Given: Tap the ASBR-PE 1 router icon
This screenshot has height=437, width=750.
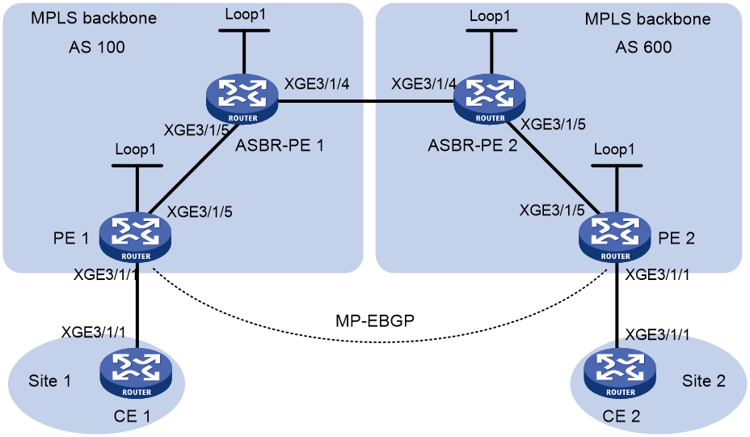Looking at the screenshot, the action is pos(242,99).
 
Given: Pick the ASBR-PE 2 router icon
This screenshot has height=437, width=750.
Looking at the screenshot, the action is pos(490,99).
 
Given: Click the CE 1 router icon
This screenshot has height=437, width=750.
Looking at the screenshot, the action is pos(136,373).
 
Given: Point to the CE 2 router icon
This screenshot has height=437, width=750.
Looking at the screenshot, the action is pos(620,373).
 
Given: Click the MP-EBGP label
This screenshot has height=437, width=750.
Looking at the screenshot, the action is pos(375,320).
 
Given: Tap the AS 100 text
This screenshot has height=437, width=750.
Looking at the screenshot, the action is pos(97,47).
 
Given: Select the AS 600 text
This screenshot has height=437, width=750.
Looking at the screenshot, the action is pos(643,47).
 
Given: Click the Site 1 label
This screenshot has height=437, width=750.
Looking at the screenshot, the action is pos(50,381).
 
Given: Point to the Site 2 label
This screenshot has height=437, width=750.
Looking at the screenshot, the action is pos(704,381).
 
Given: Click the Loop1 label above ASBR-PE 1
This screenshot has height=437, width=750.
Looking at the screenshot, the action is pos(245,15).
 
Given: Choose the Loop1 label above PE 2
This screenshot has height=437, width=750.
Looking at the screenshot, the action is pos(614,149).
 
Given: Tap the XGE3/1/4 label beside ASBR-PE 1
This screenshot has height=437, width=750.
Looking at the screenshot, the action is pos(317,84).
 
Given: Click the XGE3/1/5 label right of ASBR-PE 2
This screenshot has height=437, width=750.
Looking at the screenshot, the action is pos(553,124).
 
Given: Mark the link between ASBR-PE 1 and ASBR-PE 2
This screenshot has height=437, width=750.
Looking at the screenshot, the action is pos(366,101).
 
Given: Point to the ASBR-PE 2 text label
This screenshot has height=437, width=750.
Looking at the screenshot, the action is pos(473,145).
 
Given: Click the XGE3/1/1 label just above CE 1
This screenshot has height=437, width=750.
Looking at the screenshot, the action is pos(93,332).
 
